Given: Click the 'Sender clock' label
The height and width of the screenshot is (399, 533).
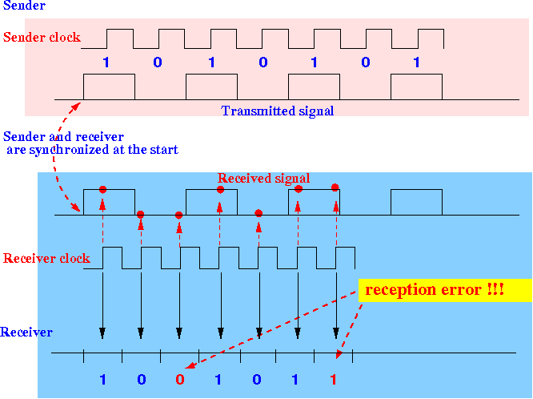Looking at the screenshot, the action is [x=42, y=37].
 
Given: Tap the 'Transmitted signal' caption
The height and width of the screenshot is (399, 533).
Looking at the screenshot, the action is [x=278, y=111].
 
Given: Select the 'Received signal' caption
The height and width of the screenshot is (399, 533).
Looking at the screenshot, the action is [x=263, y=178].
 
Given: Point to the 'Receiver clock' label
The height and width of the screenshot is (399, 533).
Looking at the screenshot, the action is [x=46, y=259].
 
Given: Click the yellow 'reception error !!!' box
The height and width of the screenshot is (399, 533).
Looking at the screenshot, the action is [x=445, y=290].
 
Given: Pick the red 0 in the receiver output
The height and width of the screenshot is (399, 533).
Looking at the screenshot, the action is [x=180, y=379].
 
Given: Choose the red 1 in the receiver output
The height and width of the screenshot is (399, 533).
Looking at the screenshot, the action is [x=334, y=379].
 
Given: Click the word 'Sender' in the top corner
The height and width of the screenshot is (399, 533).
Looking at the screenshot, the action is [x=24, y=6].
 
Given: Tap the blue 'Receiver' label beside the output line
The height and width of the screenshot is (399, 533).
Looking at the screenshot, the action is [x=26, y=332].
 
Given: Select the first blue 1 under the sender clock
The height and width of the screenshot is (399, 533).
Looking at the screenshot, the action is [x=106, y=62].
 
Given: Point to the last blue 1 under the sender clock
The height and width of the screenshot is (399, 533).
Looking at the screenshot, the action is [x=416, y=62].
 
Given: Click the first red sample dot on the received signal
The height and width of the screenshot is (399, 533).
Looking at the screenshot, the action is [x=102, y=190].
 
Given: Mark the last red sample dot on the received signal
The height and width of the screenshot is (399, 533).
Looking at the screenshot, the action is [x=335, y=187].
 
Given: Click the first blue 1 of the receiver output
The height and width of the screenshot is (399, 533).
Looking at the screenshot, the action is [x=102, y=379].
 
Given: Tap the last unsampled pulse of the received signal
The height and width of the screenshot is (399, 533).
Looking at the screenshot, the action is [x=416, y=190].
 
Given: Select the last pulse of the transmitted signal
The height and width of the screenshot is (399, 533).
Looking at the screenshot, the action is [x=416, y=75].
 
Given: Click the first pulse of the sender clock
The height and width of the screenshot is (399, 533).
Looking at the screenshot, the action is [x=120, y=30].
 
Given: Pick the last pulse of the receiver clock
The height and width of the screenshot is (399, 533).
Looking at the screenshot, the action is [x=345, y=248].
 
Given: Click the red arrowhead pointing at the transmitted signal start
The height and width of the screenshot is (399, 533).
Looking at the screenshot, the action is [x=76, y=107].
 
